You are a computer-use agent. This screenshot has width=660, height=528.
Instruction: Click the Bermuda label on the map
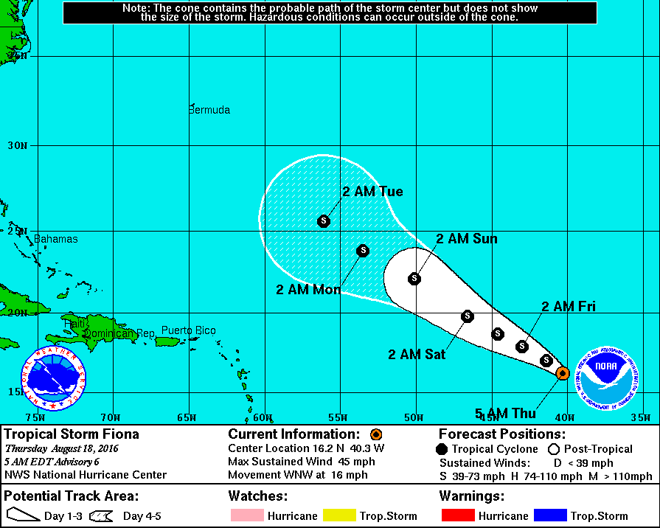[209, 110]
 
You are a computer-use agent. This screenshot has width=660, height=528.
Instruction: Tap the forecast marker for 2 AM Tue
[323, 220]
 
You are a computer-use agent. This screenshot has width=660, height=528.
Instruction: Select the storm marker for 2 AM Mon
[363, 251]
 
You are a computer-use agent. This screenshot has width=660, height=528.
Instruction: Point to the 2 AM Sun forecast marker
[414, 278]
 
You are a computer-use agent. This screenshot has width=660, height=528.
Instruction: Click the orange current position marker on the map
[562, 372]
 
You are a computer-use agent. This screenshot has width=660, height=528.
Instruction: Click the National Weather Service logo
[53, 378]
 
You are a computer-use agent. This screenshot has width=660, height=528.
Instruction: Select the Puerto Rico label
[189, 330]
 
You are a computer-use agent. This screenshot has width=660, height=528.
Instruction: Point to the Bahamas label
[55, 239]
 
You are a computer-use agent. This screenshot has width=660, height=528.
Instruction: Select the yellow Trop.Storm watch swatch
[347, 515]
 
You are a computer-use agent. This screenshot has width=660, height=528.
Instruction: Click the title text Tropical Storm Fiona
[72, 434]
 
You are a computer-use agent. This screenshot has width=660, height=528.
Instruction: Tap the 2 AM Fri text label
[569, 307]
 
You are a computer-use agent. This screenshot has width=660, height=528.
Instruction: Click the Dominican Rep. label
[119, 334]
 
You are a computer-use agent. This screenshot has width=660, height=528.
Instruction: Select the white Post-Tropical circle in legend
[554, 449]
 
